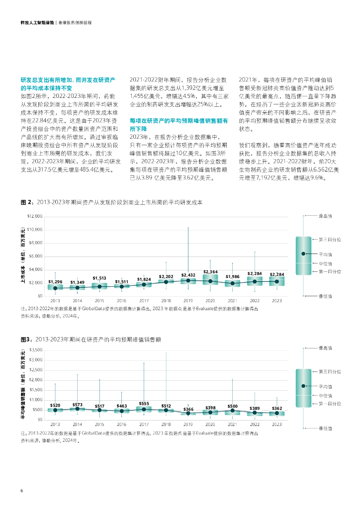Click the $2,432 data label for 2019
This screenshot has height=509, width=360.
click(188, 275)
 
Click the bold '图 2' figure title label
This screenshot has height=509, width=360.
click(27, 203)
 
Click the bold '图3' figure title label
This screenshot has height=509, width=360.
click(26, 339)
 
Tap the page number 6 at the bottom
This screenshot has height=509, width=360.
click(22, 491)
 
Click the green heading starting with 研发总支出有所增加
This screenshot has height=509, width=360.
click(68, 84)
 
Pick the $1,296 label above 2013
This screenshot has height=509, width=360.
click(55, 282)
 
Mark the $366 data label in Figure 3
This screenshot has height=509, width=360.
click(188, 409)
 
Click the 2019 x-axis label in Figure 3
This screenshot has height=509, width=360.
click(188, 424)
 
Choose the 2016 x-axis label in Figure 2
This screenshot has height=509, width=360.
click(122, 301)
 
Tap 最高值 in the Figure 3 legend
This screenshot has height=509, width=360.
click(325, 348)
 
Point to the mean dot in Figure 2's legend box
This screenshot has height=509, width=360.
click(303, 254)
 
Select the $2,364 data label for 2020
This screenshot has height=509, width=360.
click(210, 272)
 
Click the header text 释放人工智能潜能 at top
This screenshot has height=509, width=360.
click(37, 23)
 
